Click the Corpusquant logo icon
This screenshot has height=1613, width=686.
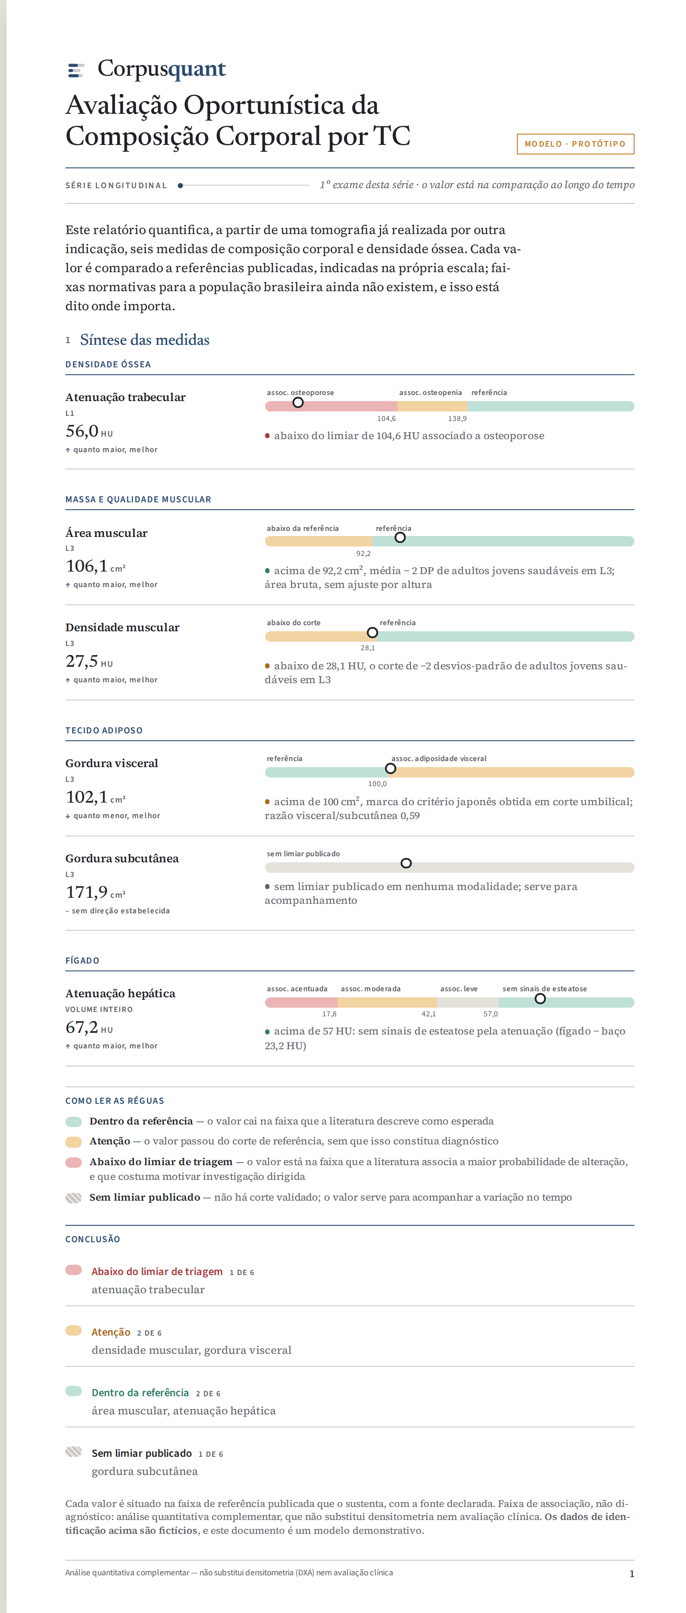point(76,70)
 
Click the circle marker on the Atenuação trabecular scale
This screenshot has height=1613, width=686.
point(298,403)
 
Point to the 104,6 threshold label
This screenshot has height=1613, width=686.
point(386,419)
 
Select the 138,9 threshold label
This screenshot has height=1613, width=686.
point(457,419)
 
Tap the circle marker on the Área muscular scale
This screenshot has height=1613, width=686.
point(400,538)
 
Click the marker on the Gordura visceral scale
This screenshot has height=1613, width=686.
point(391,769)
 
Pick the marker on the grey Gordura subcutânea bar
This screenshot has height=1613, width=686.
point(406,864)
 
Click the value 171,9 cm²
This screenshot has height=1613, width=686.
point(96,892)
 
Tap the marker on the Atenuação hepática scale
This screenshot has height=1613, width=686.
point(540,999)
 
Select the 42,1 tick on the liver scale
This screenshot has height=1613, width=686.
point(429,1014)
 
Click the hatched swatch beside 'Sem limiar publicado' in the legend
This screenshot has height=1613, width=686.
point(74,1198)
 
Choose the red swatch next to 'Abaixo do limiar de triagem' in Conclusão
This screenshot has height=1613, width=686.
point(74,1270)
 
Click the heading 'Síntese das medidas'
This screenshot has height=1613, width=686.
point(144,340)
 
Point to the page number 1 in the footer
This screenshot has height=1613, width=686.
point(632,1574)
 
